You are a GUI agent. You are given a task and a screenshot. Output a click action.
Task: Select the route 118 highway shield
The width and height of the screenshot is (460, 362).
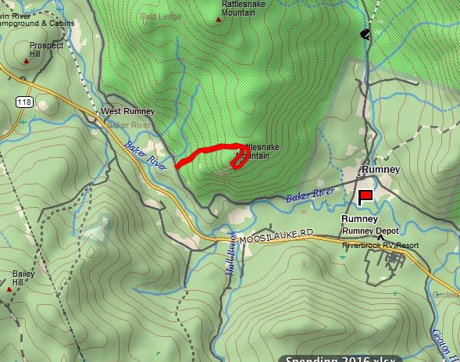pos(23,102)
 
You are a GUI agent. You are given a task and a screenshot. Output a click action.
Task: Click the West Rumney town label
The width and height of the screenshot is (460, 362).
pos(128,112)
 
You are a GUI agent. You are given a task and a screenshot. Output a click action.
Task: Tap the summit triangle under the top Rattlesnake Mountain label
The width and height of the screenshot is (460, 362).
pos(218,21)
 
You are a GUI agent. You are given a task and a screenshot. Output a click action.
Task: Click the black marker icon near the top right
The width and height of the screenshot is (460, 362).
pos(364,34)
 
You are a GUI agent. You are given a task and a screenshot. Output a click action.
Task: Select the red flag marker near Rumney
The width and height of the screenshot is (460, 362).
pos(365,197)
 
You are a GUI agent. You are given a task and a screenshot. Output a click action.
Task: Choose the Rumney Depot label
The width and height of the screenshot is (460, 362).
pos(370,231)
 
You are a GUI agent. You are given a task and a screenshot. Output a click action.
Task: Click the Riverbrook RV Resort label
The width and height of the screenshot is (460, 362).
pos(380,245)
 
